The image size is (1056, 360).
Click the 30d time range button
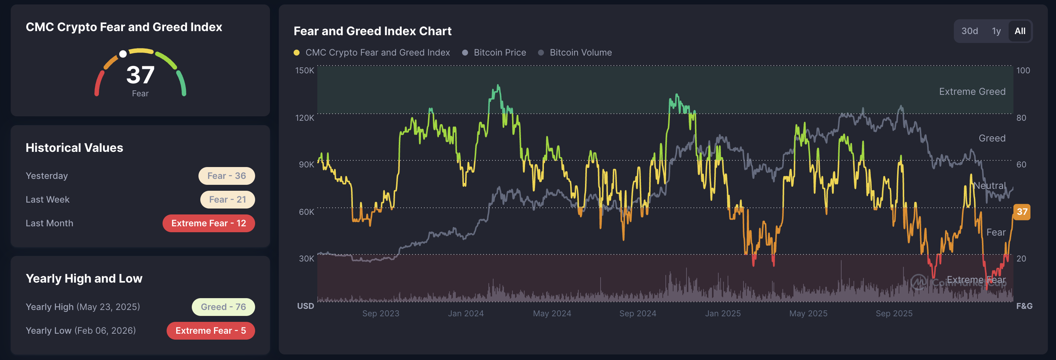coord(969,31)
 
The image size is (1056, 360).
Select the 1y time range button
coord(996,31)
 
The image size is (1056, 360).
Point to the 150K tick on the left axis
coord(305,70)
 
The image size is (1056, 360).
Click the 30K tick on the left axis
coord(306,259)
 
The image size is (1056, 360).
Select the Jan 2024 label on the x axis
coord(466,314)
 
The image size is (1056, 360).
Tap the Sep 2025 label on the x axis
coord(894,314)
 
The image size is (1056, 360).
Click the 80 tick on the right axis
coord(1021,118)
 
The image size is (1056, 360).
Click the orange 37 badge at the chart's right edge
coord(1022,212)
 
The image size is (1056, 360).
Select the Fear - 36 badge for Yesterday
coord(226,176)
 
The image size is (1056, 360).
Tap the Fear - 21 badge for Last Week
coord(227,200)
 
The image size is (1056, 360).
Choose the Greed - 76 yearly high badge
coord(223,307)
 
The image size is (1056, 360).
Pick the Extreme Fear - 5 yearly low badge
coord(210,331)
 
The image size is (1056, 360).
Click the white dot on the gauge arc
coord(123,54)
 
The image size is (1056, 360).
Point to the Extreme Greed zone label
coord(972,91)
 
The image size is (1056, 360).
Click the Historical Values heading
coord(74,148)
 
